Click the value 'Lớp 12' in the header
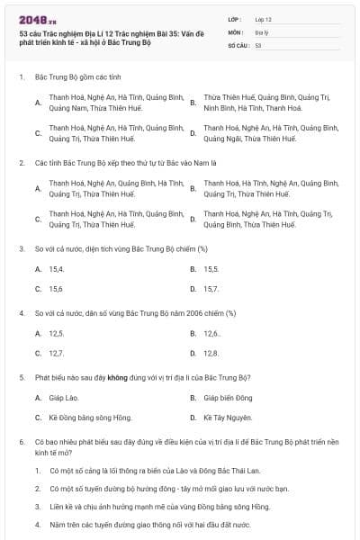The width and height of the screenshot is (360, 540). pos(263,19)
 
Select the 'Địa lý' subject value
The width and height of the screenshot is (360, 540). pos(261,31)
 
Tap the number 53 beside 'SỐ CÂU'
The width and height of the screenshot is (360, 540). pos(258,44)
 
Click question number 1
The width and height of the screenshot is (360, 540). pos(21,78)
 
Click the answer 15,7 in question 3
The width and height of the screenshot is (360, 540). pos(211,289)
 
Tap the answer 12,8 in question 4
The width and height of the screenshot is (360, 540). pos(211,354)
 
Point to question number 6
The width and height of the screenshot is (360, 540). pos(21,442)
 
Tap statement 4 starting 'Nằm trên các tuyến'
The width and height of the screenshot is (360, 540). pos(149,524)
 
